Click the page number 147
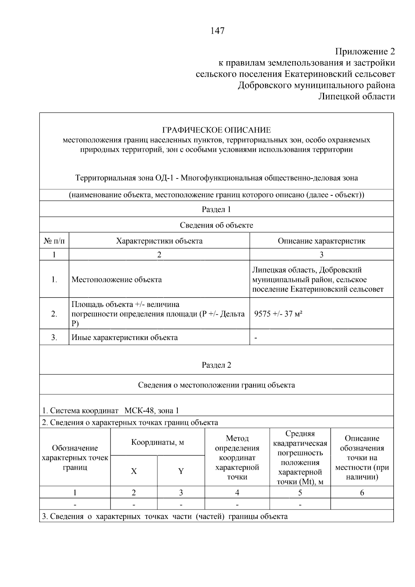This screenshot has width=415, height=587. coord(217,31)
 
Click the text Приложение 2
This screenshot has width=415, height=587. coord(365,52)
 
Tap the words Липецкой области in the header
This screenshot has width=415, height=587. coord(356,97)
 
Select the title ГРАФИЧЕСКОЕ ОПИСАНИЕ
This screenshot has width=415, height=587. coord(216,130)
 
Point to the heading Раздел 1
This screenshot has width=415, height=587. coord(216,209)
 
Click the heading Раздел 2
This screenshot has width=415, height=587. coord(216,365)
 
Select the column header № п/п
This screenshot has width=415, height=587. coord(54,241)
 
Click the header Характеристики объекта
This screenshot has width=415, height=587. coord(159,241)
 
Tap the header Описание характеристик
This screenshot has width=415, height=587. coord(321,241)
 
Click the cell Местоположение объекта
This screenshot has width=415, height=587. coord(117,279)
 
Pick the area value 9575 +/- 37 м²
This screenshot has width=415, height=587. coord(278,314)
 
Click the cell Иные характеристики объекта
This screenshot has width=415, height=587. coord(124,338)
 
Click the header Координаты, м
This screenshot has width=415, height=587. coord(157,442)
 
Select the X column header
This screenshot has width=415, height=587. coord(134,471)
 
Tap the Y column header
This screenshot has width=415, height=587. coord(181,471)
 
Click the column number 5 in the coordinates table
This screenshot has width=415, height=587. coord(300,493)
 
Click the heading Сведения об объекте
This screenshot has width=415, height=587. coord(216,226)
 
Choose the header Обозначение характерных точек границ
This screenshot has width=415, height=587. coord(75,458)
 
